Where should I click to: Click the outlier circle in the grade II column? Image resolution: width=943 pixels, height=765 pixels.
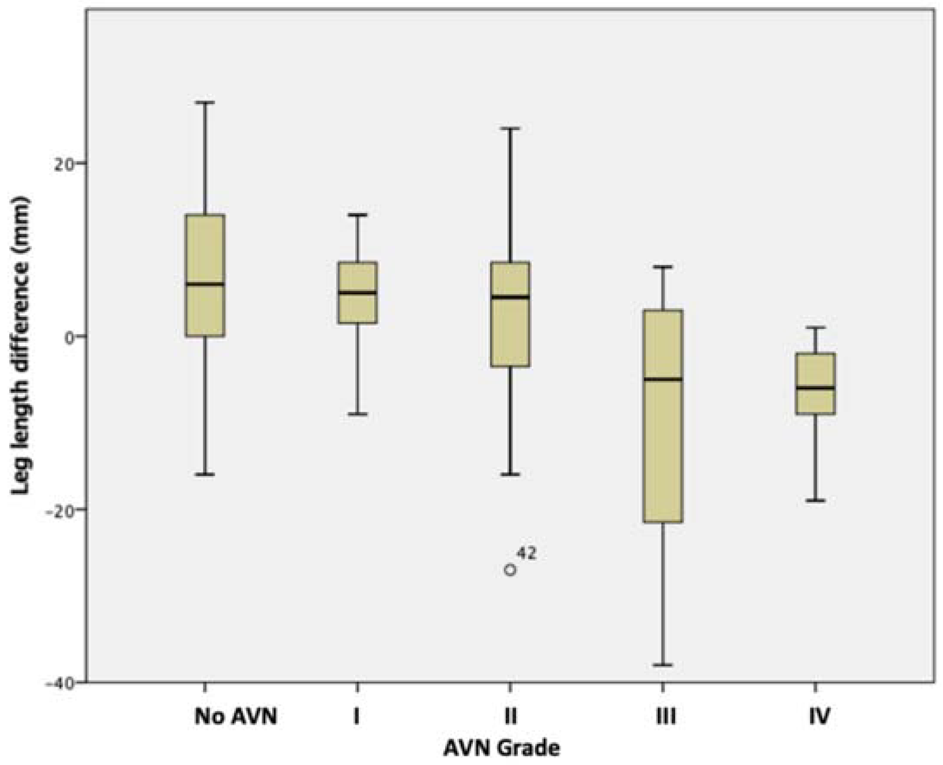coord(510,570)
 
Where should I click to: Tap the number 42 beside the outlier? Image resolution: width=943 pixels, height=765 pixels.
coord(526,554)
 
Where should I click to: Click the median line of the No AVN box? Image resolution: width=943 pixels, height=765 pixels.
coord(205,284)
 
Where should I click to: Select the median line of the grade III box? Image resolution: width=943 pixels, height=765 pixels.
coord(663,379)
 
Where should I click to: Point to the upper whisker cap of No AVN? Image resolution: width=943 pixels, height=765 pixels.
coord(205,102)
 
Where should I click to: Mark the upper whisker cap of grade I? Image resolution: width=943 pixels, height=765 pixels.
coord(358,215)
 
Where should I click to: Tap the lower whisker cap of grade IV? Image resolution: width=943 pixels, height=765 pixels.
coord(815,500)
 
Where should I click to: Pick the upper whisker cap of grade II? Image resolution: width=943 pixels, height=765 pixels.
coord(510,128)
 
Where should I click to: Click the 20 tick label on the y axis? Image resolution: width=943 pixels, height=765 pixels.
coord(66,163)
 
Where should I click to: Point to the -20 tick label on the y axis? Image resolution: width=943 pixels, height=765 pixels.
coord(62,510)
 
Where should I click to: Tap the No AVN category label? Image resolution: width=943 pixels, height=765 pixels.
coord(236,717)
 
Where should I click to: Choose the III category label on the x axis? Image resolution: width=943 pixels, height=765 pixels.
coord(666,717)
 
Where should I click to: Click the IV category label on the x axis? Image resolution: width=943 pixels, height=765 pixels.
coord(819,717)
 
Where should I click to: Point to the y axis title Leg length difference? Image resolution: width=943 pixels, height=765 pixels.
coord(21,345)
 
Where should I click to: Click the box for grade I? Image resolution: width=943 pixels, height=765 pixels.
coord(358,309)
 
